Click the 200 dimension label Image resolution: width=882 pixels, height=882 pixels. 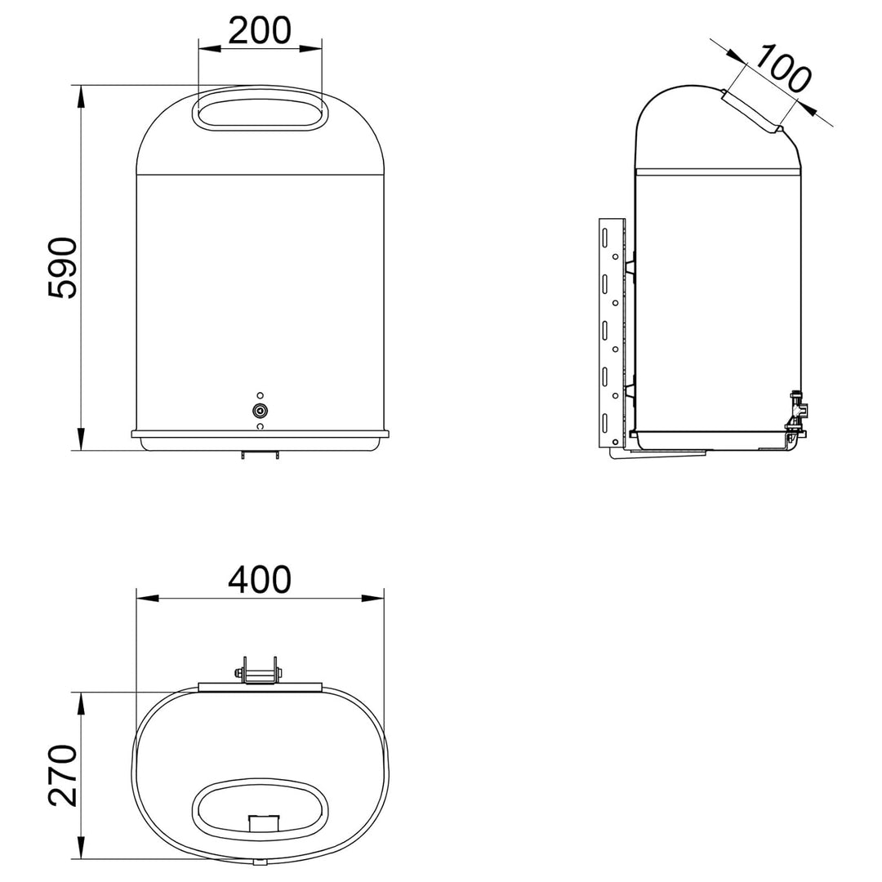tap(260, 30)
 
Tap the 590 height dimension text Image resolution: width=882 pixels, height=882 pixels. tap(62, 268)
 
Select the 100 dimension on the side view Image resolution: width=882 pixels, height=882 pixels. tap(782, 69)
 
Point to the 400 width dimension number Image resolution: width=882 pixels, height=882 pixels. tap(260, 579)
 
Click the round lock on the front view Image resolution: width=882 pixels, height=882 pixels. tap(260, 411)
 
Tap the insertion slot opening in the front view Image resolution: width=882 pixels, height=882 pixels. tap(260, 114)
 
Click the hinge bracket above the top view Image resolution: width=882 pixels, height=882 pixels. tap(260, 670)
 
